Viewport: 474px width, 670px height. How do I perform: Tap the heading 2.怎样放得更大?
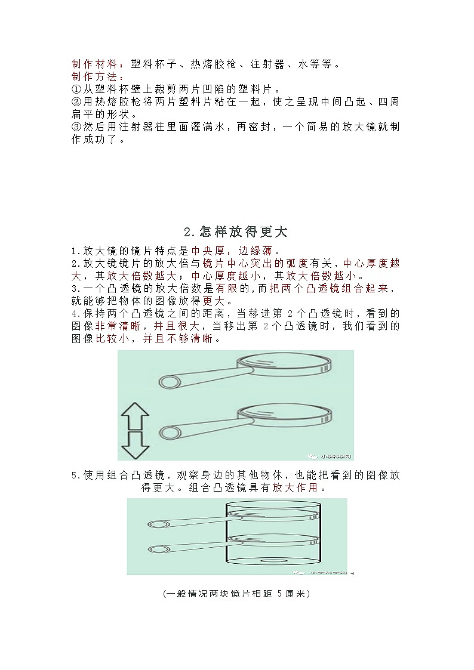236,231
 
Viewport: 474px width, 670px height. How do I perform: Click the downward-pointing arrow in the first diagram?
135,444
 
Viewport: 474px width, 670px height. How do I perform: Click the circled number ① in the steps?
76,89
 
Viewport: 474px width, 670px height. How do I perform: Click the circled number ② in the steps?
76,102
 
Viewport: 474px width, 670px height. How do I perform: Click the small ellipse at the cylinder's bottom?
275,561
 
